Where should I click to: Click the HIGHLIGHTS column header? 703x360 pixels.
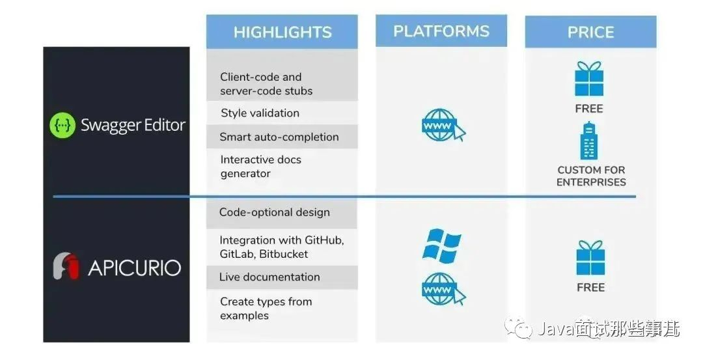click(282, 32)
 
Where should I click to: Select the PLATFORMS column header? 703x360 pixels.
click(441, 31)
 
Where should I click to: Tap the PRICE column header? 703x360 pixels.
click(590, 32)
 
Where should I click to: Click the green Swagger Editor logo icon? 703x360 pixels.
click(62, 126)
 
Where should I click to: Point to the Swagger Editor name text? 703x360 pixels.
click(133, 126)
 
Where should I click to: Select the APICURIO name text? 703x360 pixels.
click(135, 268)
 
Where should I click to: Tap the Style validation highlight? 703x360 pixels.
click(260, 113)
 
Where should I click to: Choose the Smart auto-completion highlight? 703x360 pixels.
click(279, 137)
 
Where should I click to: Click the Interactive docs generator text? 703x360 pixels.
click(260, 167)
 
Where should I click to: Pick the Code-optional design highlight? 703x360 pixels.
click(274, 212)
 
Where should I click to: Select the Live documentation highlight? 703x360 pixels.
click(269, 277)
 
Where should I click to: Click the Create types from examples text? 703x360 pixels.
click(266, 309)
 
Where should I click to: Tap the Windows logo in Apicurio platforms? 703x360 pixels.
click(441, 245)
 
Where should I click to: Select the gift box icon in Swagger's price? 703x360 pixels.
click(589, 79)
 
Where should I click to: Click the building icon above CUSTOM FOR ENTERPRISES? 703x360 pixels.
click(590, 141)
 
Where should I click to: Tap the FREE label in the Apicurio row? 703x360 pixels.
click(590, 287)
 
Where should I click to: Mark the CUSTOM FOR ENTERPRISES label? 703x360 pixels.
click(591, 176)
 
